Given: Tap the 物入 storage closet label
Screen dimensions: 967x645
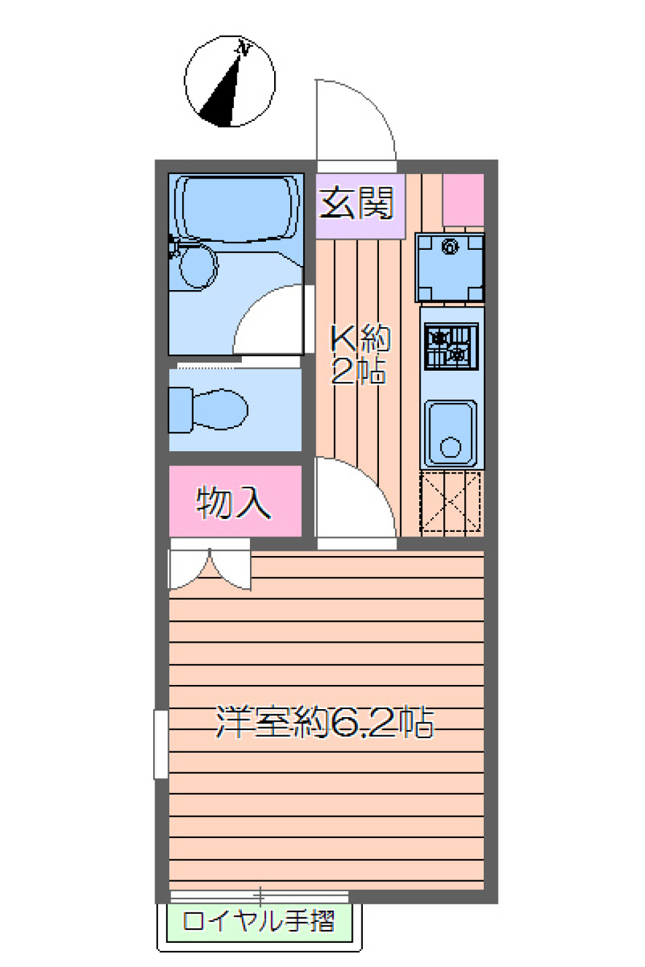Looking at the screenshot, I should click(234, 502).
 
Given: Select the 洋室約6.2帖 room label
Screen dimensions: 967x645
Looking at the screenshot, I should click(325, 723).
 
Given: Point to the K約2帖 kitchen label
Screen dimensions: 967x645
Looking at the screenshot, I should click(359, 354).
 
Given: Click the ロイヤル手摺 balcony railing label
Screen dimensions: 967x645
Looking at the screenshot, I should click(259, 921).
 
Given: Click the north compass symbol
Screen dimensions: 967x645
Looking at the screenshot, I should click(230, 82).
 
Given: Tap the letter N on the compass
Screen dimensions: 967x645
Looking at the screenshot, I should click(245, 48).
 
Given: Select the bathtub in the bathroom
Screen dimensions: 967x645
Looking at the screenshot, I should click(235, 208).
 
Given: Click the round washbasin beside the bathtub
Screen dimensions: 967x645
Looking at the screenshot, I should click(198, 266).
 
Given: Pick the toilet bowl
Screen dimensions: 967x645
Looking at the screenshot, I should click(218, 409).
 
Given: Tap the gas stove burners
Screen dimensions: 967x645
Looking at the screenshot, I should click(451, 347).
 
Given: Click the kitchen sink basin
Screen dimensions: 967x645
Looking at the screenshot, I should click(450, 432).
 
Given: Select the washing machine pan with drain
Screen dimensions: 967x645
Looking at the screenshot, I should click(449, 267).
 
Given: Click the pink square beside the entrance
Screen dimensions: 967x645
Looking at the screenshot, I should click(463, 199).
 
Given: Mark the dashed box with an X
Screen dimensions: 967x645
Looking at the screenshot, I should click(450, 502).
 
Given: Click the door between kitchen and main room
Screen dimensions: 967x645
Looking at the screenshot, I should click(355, 500).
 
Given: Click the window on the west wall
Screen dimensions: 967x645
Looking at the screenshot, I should click(161, 744).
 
